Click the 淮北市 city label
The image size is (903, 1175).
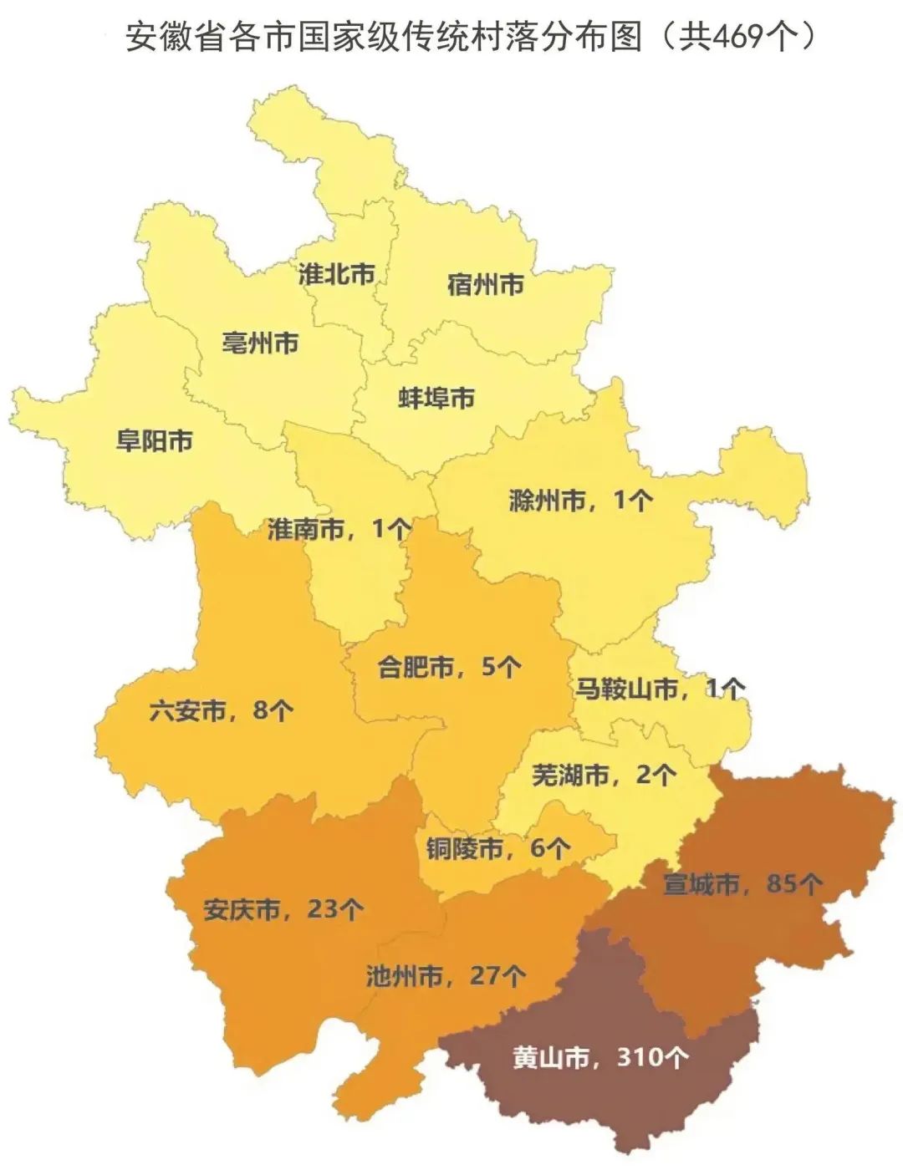click(337, 274)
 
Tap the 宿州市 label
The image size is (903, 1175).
click(485, 285)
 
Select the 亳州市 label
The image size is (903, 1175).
click(260, 343)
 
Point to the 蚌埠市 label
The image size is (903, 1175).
click(436, 398)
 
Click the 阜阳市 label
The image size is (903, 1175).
click(155, 440)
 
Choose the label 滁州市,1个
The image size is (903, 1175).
click(580, 501)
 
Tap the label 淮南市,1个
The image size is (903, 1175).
click(339, 529)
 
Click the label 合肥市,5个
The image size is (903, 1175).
click(450, 667)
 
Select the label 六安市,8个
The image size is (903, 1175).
click(222, 711)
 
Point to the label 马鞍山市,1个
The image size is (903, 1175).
click(660, 689)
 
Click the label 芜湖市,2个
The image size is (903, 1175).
click(604, 776)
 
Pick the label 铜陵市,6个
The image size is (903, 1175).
click(498, 849)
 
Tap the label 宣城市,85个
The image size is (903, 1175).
click(742, 883)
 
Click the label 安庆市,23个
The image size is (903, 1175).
click(283, 909)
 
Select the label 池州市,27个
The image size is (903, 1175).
click(446, 975)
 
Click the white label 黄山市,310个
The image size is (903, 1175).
click(600, 1058)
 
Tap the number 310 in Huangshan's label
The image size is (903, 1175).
click(638, 1058)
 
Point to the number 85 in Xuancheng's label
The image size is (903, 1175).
click(782, 883)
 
